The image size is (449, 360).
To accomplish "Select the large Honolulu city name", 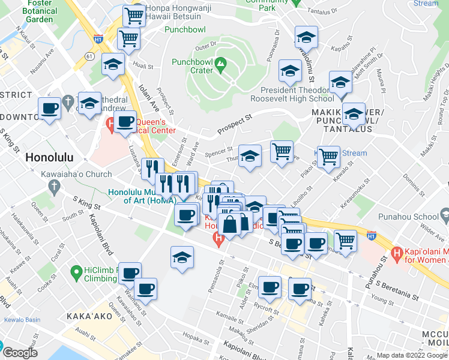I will pos(49,157).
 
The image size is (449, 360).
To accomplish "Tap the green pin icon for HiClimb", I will pos(75,274).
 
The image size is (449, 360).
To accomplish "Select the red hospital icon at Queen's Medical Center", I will pos(110,125).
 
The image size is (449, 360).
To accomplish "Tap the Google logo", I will pos(19,352).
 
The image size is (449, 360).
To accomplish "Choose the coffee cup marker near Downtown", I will pos(49,109).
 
